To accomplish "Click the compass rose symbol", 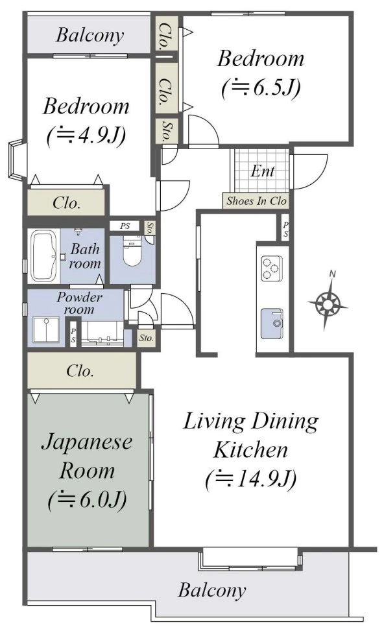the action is pyautogui.click(x=328, y=301).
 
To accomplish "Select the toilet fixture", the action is pyautogui.click(x=131, y=252).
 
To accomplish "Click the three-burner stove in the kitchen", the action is pyautogui.click(x=271, y=268).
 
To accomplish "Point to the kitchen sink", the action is pyautogui.click(x=272, y=324).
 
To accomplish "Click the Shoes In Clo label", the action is pyautogui.click(x=256, y=200).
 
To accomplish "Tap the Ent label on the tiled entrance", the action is pyautogui.click(x=263, y=171).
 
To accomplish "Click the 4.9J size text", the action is pyautogui.click(x=87, y=136).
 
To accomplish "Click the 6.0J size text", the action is pyautogui.click(x=87, y=500).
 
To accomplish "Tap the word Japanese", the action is pyautogui.click(x=87, y=442).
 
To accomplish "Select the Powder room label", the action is pyautogui.click(x=79, y=303).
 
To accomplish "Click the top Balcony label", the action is pyautogui.click(x=90, y=35).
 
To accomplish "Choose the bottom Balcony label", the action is pyautogui.click(x=212, y=590).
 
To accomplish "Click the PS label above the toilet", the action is pyautogui.click(x=125, y=226).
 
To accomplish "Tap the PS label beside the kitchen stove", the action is pyautogui.click(x=285, y=229).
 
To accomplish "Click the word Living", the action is pyautogui.click(x=214, y=422).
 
